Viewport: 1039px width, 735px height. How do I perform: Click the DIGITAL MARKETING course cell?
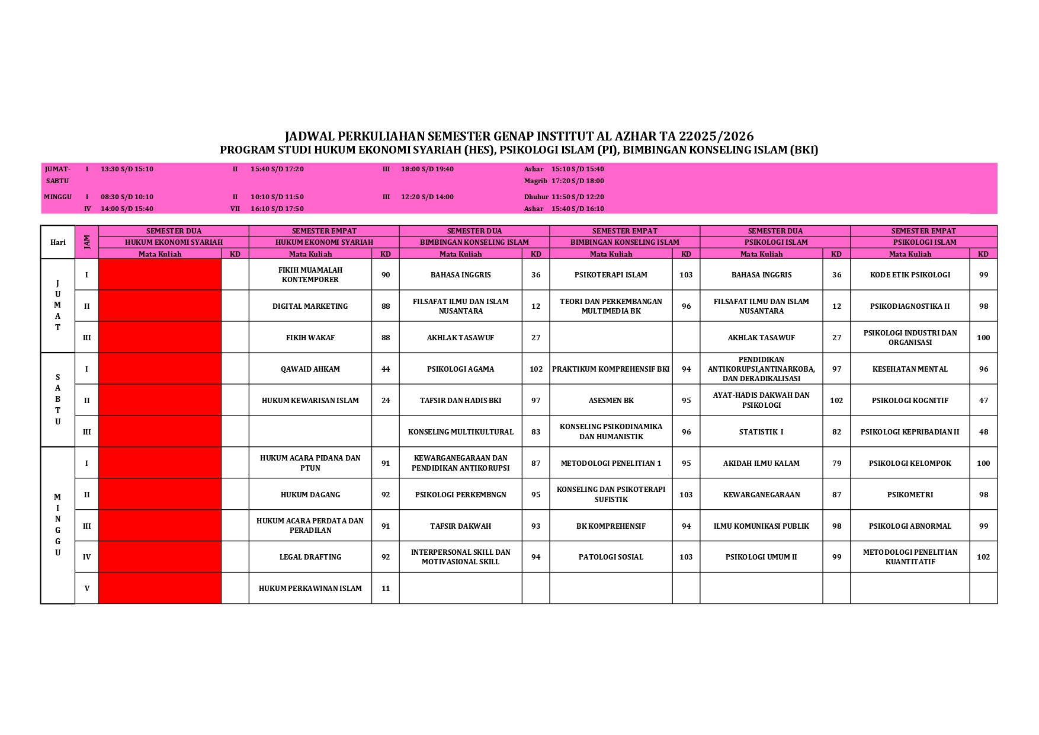coord(310,306)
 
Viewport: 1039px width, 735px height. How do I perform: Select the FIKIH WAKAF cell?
coord(310,337)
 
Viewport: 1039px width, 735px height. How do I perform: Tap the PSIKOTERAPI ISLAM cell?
coord(611,274)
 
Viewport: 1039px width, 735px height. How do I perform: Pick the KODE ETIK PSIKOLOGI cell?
coord(910,274)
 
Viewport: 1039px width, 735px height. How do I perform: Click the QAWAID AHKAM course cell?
coord(310,369)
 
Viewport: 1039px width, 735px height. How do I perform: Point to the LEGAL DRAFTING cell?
coord(310,557)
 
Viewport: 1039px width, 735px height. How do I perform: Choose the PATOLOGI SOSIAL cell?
coord(611,557)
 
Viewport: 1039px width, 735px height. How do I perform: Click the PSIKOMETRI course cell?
coord(910,494)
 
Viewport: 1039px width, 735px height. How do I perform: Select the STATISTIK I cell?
coord(761,432)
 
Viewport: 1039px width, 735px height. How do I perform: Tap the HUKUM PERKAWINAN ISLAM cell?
coord(310,588)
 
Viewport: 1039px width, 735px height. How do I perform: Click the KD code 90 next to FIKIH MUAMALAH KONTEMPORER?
coord(386,274)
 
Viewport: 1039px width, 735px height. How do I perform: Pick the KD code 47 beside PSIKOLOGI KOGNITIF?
coord(983,400)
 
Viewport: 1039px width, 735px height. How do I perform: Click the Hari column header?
coord(57,242)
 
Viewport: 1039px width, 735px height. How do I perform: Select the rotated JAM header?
coord(86,242)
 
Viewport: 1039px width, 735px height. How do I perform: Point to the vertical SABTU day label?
coord(57,400)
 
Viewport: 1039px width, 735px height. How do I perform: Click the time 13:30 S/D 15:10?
coord(127,169)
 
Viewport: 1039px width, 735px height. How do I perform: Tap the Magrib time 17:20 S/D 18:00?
coord(578,181)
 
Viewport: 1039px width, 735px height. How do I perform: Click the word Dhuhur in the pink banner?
coord(536,197)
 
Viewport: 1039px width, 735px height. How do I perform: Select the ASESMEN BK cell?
coord(611,400)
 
